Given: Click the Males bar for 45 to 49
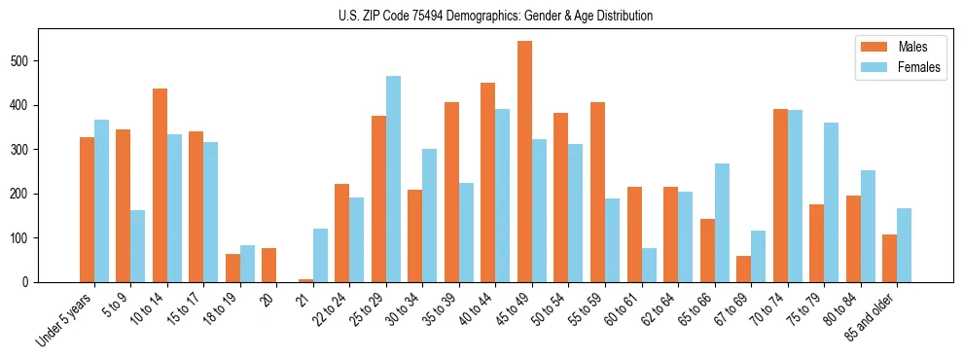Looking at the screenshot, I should pyautogui.click(x=524, y=162).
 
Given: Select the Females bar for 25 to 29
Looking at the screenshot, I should pyautogui.click(x=393, y=179).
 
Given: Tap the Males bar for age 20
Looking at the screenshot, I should pyautogui.click(x=269, y=265).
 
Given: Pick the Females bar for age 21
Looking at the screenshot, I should pyautogui.click(x=320, y=255).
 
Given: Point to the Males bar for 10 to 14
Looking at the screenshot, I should pyautogui.click(x=160, y=185).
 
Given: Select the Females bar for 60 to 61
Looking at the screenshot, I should pyautogui.click(x=649, y=265).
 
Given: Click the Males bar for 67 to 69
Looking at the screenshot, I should pyautogui.click(x=743, y=269).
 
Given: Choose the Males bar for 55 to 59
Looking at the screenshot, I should pyautogui.click(x=597, y=192).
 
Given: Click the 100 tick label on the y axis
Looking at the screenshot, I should pyautogui.click(x=23, y=237).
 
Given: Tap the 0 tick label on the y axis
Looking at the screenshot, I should pyautogui.click(x=30, y=282).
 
